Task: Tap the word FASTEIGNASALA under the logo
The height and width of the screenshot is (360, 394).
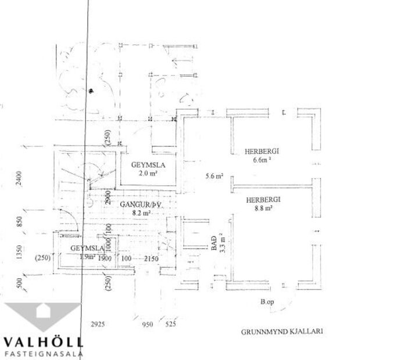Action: pyautogui.click(x=44, y=352)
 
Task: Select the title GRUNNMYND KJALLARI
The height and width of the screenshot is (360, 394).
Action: pyautogui.click(x=281, y=333)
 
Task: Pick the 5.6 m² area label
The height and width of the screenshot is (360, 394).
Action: pyautogui.click(x=214, y=177)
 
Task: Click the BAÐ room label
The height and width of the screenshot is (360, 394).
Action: pyautogui.click(x=214, y=242)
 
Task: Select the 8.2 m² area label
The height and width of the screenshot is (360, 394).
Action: pyautogui.click(x=141, y=213)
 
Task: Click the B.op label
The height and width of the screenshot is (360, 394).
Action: pyautogui.click(x=267, y=302)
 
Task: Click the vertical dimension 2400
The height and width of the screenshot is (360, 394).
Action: pyautogui.click(x=19, y=181)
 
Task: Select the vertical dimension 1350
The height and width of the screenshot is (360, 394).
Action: pyautogui.click(x=19, y=252)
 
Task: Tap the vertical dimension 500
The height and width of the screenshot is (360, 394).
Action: pyautogui.click(x=19, y=283)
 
